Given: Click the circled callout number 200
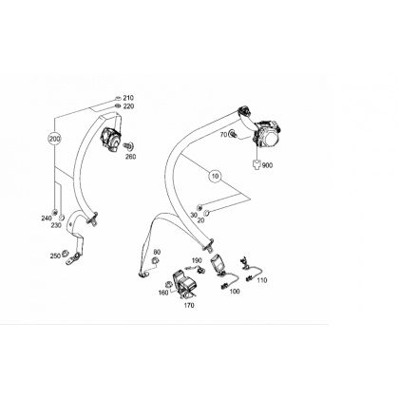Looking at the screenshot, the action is (54, 139).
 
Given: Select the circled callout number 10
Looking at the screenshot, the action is (216, 176).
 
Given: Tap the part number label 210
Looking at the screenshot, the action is (128, 98).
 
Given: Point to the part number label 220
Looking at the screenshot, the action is (128, 106).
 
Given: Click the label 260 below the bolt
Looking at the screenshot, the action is (130, 157).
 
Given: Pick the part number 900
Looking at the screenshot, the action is (267, 165).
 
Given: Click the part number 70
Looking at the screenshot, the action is (223, 135).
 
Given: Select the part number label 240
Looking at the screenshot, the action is (47, 218).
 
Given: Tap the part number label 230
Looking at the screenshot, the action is (57, 225).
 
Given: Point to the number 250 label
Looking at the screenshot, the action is (55, 256).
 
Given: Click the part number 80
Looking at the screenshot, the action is (157, 252).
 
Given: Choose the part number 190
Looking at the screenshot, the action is (197, 260).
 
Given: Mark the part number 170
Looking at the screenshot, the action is (189, 306).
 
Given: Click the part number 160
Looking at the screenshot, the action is (163, 293).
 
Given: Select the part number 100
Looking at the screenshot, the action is (235, 292).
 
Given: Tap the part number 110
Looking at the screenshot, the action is (262, 280).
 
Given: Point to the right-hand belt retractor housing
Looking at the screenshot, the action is (268, 134).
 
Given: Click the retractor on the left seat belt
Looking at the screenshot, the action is (111, 140).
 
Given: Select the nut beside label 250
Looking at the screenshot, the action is (65, 253).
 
